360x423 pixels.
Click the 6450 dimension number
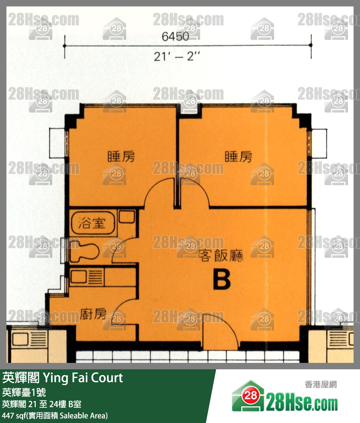[175, 37]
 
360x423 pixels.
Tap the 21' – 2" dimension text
[176, 57]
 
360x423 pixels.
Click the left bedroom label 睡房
[121, 157]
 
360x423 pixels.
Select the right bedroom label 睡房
[239, 157]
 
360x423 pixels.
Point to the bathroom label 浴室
[92, 223]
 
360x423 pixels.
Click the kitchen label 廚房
[93, 314]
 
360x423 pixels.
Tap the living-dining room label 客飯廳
[221, 256]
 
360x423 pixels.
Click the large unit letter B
[222, 280]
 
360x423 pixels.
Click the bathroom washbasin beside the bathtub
[127, 216]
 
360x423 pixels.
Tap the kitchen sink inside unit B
[78, 277]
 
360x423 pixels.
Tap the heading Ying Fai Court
[83, 378]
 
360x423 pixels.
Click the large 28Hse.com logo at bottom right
[285, 397]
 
